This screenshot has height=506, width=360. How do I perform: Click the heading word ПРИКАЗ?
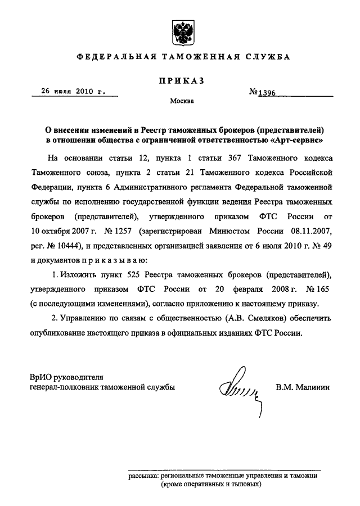[180, 82]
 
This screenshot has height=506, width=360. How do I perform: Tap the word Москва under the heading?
[180, 102]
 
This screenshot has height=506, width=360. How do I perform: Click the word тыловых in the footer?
[245, 484]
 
